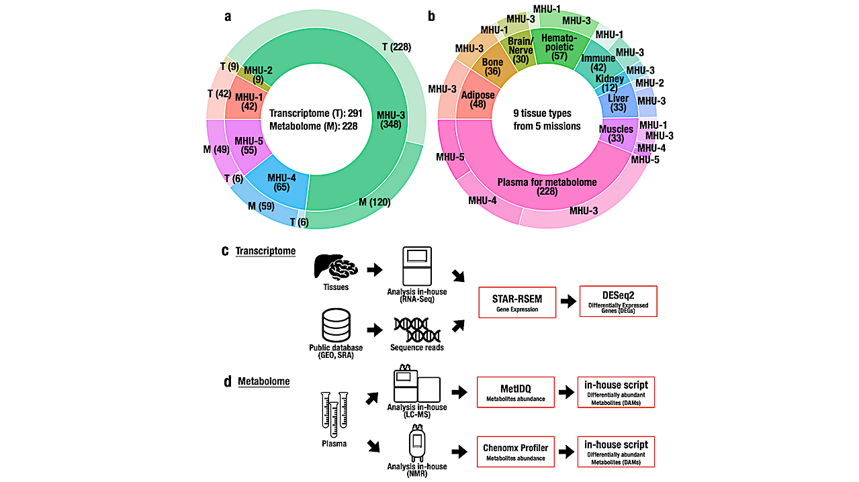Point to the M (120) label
pyautogui.click(x=374, y=202)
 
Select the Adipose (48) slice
pyautogui.click(x=478, y=99)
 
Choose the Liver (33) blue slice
pyautogui.click(x=617, y=103)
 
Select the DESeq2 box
pyautogui.click(x=618, y=301)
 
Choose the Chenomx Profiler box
pyautogui.click(x=515, y=450)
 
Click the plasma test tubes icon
pyautogui.click(x=334, y=414)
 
